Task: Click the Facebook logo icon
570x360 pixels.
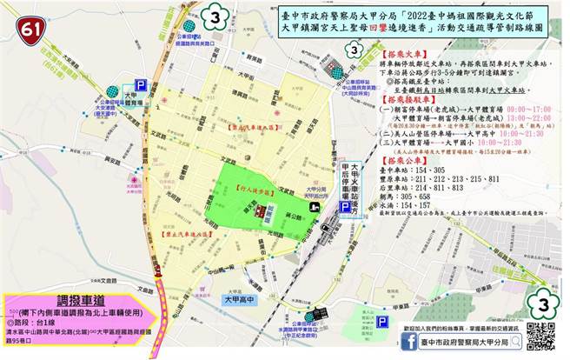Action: tap(407, 342)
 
